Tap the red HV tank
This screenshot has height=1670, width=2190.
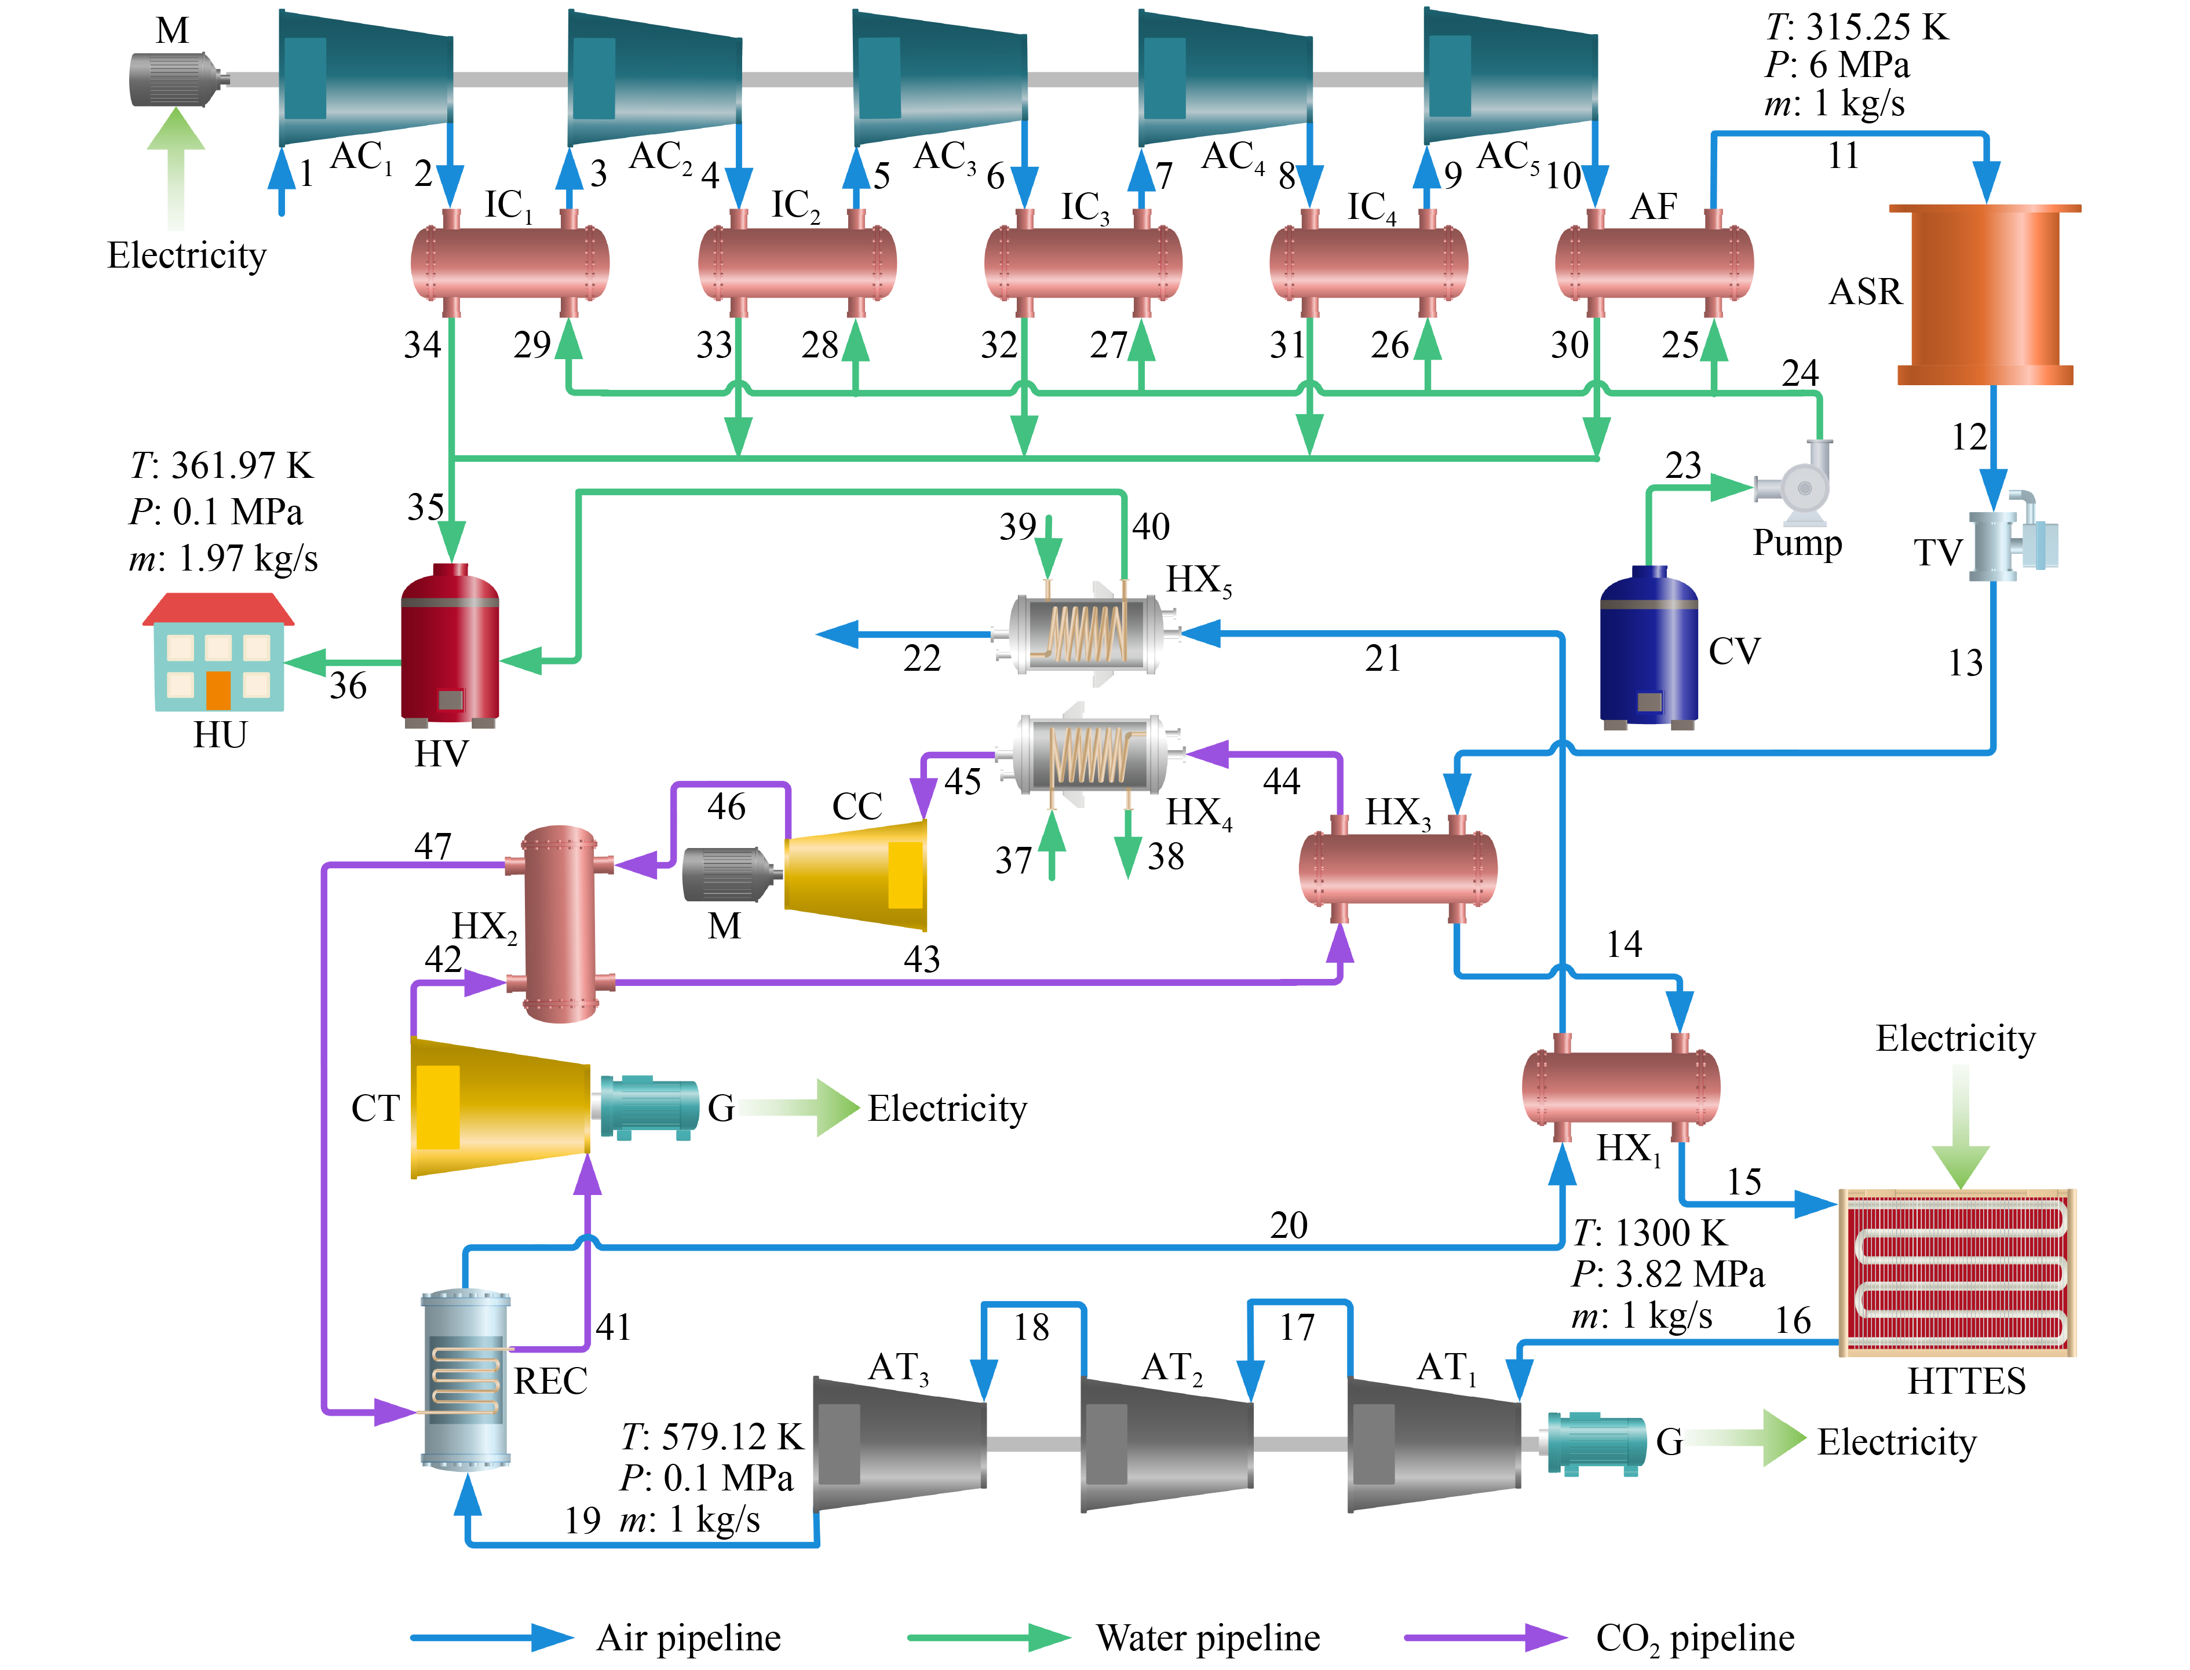[x=450, y=644]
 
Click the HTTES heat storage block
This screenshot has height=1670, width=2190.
[x=1957, y=1273]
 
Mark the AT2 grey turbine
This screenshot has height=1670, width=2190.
[x=1166, y=1444]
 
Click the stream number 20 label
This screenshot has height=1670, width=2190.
[x=1289, y=1225]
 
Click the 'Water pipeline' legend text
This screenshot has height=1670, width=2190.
[x=1208, y=1637]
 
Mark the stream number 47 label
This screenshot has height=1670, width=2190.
[x=432, y=846]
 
